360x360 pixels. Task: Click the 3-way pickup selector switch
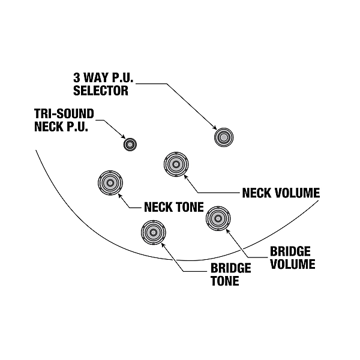[224, 137]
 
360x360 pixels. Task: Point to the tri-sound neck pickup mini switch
[130, 144]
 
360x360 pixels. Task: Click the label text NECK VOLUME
[281, 193]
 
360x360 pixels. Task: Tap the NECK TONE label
[174, 208]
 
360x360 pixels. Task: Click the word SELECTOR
[101, 91]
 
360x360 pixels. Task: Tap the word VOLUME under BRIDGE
[292, 264]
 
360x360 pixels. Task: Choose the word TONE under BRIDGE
[224, 281]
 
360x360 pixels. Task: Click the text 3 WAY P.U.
[103, 79]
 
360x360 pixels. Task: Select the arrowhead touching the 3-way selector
[216, 128]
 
